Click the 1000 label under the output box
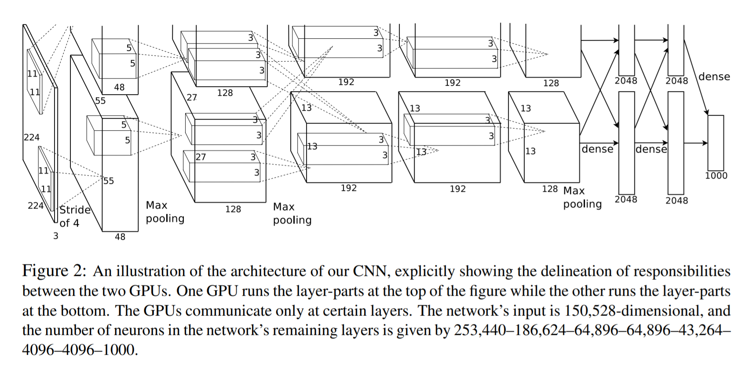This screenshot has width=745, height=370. [716, 176]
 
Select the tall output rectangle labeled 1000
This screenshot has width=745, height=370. [716, 143]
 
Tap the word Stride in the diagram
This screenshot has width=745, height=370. [75, 210]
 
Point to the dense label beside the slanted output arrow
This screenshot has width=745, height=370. [714, 77]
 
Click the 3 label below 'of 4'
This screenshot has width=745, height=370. [55, 236]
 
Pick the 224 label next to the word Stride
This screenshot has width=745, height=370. [36, 205]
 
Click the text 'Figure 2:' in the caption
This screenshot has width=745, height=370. [54, 271]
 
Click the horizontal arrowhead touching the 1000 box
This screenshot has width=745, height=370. [705, 143]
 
